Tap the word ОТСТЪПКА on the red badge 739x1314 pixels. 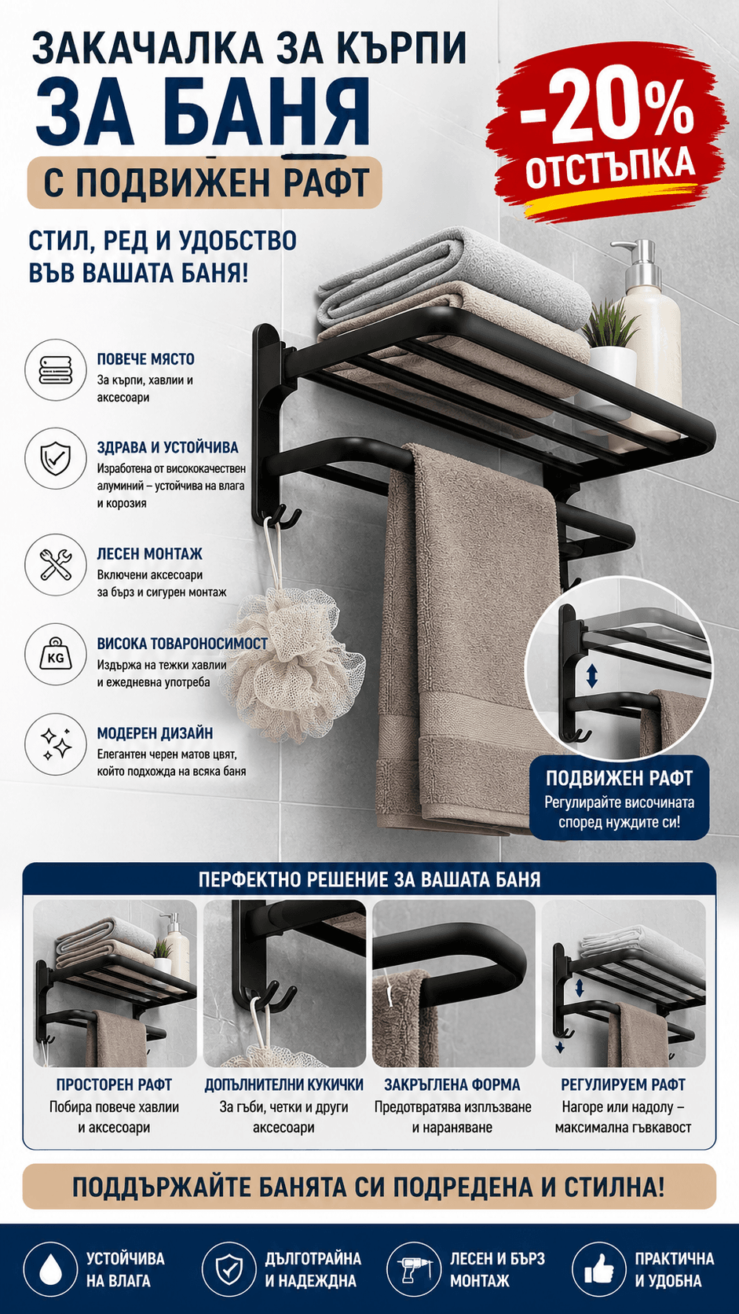[610, 167]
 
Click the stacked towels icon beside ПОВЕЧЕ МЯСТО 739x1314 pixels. [55, 370]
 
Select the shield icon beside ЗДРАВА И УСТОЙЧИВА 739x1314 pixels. [55, 458]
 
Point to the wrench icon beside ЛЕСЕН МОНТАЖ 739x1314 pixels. [55, 564]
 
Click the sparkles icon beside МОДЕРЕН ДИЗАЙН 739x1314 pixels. [55, 744]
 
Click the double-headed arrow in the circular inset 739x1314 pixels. [592, 676]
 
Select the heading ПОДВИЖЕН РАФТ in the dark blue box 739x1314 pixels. [620, 778]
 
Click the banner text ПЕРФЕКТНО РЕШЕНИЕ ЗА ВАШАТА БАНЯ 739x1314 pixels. [369, 880]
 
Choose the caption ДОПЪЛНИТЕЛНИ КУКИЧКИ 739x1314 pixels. [284, 1085]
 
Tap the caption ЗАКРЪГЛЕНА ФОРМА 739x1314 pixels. [452, 1085]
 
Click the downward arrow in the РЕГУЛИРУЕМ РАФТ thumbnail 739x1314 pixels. [560, 1047]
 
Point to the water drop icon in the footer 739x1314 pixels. [50, 1269]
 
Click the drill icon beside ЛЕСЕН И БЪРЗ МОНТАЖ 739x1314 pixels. [414, 1269]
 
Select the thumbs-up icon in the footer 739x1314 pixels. [599, 1269]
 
